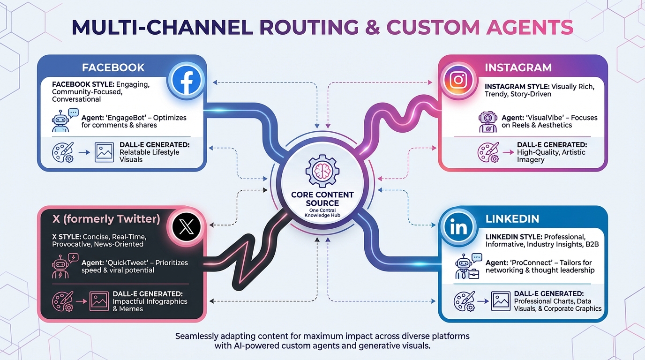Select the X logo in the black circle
187,227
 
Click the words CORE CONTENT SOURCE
322,199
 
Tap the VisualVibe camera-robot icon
487,122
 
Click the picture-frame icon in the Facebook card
104,152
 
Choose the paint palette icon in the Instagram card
487,152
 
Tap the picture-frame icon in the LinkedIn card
500,301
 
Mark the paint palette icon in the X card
63,301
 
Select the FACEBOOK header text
113,67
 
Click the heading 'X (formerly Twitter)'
107,219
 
